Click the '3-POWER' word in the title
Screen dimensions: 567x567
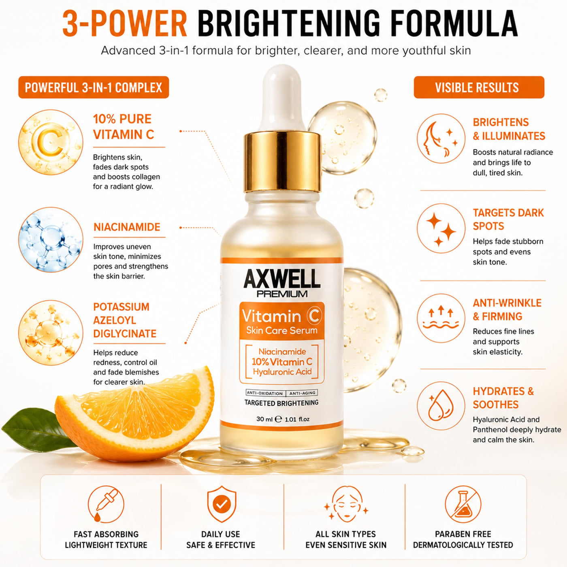[x=125, y=23]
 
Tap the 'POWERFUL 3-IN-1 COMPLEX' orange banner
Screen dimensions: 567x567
[x=94, y=87]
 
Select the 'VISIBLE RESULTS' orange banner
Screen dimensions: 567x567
[x=479, y=87]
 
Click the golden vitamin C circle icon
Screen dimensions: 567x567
[x=51, y=143]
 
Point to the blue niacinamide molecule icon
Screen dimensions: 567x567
[x=51, y=239]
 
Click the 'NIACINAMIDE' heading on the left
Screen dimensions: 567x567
[x=127, y=227]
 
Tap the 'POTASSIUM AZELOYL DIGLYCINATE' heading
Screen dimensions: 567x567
[x=125, y=320]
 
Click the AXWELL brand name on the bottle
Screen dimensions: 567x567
[x=282, y=278]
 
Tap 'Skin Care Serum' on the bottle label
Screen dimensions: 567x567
[x=282, y=330]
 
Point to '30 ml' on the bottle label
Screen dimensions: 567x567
[x=264, y=419]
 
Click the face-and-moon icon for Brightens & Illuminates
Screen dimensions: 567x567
[x=441, y=138]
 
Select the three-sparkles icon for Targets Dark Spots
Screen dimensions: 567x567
[x=441, y=228]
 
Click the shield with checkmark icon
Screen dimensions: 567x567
[x=221, y=504]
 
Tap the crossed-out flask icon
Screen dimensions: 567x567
[x=463, y=504]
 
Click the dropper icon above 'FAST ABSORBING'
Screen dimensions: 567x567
[x=106, y=504]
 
